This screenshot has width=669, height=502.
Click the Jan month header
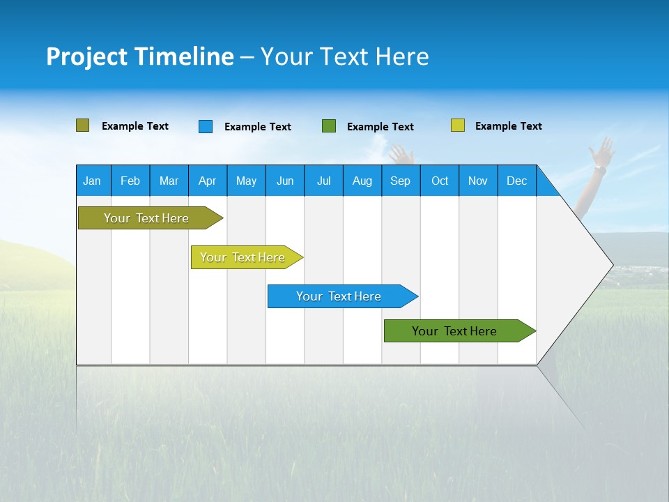(x=92, y=181)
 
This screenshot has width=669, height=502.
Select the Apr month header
(x=207, y=181)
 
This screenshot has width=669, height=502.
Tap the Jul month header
(x=323, y=181)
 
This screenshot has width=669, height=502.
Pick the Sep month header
(x=400, y=181)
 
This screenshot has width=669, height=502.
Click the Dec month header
(x=516, y=181)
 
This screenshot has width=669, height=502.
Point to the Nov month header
(x=477, y=181)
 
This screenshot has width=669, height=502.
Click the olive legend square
(x=82, y=125)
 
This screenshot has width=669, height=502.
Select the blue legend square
(x=205, y=126)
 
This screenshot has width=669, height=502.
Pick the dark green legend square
(x=328, y=126)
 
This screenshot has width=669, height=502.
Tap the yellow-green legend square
(x=457, y=125)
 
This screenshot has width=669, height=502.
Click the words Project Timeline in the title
(x=139, y=56)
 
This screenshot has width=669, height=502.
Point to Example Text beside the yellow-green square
(x=508, y=126)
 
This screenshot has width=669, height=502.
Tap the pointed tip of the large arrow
(x=611, y=265)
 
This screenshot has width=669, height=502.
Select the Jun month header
(x=284, y=181)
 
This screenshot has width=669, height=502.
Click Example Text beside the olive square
(x=134, y=126)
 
